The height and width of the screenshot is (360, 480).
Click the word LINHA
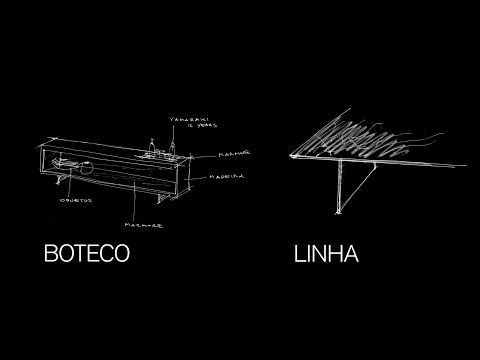(x=327, y=253)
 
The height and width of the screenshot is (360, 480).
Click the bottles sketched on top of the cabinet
(x=161, y=151)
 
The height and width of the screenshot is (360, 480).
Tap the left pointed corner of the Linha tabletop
(x=289, y=155)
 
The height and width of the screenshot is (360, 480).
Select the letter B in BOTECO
(x=52, y=253)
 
